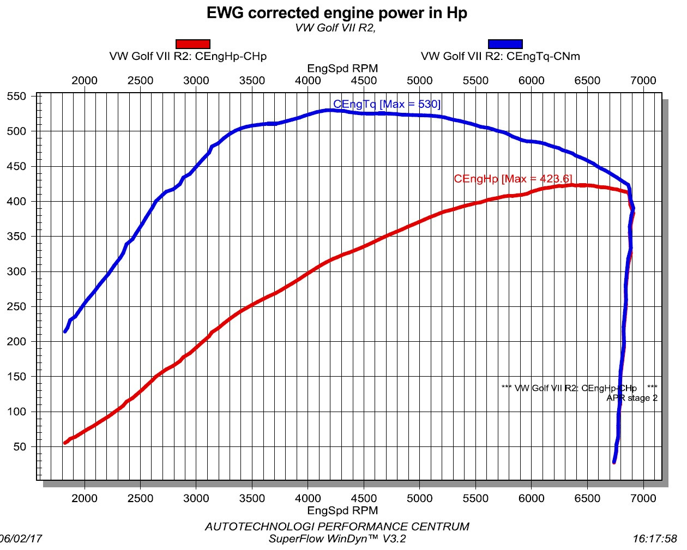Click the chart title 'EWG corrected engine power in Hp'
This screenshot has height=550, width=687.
tap(336, 13)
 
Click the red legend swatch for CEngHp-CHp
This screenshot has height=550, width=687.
tap(193, 44)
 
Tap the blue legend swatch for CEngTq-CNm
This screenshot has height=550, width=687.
tap(505, 44)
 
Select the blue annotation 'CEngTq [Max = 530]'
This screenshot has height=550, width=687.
tap(387, 104)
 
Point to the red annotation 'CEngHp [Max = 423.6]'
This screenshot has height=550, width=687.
tap(513, 179)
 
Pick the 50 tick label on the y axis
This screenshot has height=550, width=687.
tap(20, 447)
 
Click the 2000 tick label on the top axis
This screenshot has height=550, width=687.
tap(85, 81)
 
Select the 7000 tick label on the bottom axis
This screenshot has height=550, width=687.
tap(643, 498)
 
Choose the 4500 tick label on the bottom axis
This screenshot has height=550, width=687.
tap(364, 498)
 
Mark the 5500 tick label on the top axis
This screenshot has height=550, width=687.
tap(475, 81)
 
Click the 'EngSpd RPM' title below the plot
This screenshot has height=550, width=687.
tap(342, 511)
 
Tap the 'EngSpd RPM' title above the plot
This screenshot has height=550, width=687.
tap(342, 69)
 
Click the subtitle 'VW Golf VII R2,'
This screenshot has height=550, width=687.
tap(335, 28)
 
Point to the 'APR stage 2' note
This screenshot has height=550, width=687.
tap(631, 398)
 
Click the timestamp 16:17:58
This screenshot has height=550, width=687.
tap(654, 539)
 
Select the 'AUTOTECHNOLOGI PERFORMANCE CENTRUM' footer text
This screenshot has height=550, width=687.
tap(336, 527)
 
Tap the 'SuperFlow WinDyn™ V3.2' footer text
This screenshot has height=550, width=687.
tap(337, 539)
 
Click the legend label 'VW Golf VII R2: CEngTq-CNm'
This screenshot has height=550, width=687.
tap(500, 56)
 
